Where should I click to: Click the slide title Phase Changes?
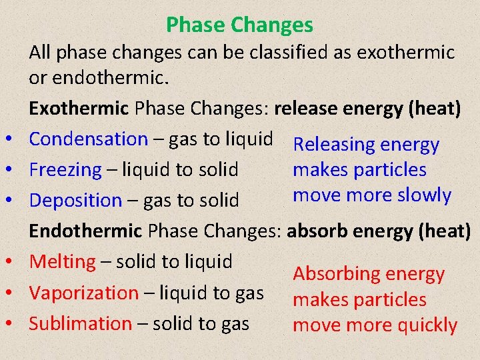[x=239, y=25]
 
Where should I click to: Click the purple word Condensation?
[x=88, y=139]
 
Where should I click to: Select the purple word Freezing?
[x=65, y=169]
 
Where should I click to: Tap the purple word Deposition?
[x=75, y=200]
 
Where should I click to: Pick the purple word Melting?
[x=63, y=261]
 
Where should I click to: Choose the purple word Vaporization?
[x=84, y=293]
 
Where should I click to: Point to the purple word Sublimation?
[x=81, y=323]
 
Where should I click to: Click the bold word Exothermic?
[x=79, y=108]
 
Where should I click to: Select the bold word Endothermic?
[x=86, y=231]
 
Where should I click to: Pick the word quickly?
[x=427, y=325]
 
